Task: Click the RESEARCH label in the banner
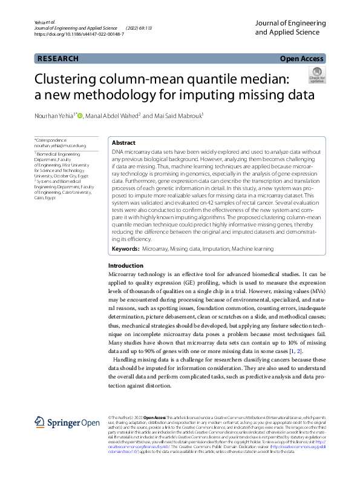point(58,59)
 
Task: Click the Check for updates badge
point(316,74)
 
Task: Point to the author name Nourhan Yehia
point(55,116)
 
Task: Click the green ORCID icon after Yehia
point(80,115)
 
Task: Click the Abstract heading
point(123,142)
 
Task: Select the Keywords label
point(125,249)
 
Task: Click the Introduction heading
point(125,266)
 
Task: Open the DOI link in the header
point(79,34)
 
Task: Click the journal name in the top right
point(290,27)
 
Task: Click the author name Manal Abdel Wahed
point(114,116)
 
